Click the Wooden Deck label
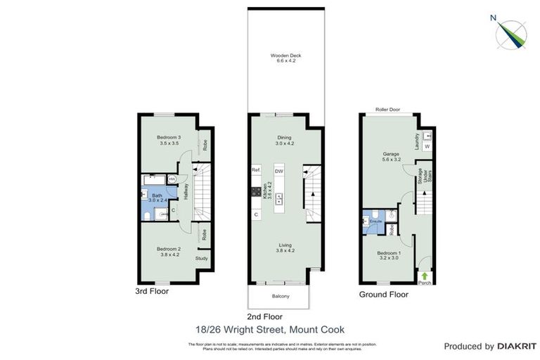pyautogui.click(x=286, y=56)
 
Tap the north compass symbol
pyautogui.click(x=511, y=34)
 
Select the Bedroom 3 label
pyautogui.click(x=169, y=137)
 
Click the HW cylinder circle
pyautogui.click(x=172, y=179)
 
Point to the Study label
pyautogui.click(x=202, y=258)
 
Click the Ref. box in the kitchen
pyautogui.click(x=256, y=171)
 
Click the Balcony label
pyautogui.click(x=279, y=296)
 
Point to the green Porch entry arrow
pyautogui.click(x=425, y=276)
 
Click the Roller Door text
pyautogui.click(x=387, y=110)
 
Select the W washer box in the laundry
pyautogui.click(x=427, y=146)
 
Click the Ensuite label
pyautogui.click(x=376, y=221)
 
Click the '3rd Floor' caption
pyautogui.click(x=152, y=290)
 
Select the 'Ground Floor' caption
pyautogui.click(x=383, y=294)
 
